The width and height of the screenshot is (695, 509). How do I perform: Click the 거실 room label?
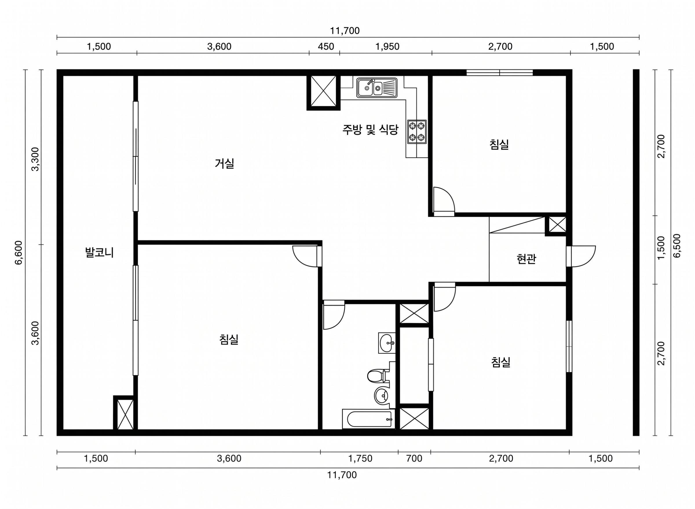click(x=224, y=163)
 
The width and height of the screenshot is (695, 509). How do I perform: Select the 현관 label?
click(x=526, y=259)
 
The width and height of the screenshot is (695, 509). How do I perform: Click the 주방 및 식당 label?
click(x=370, y=130)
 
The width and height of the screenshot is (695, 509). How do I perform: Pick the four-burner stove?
click(x=417, y=132)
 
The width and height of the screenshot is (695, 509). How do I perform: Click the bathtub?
click(x=368, y=419)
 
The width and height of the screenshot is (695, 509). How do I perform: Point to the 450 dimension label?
click(x=326, y=47)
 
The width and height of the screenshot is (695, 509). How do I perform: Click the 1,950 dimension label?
click(x=387, y=47)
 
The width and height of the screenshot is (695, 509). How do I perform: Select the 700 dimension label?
click(x=414, y=459)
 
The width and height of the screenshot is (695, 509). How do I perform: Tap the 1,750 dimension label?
click(x=360, y=459)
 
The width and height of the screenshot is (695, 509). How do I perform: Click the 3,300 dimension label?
click(x=36, y=159)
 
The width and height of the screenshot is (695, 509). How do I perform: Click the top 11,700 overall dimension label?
click(x=345, y=31)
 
